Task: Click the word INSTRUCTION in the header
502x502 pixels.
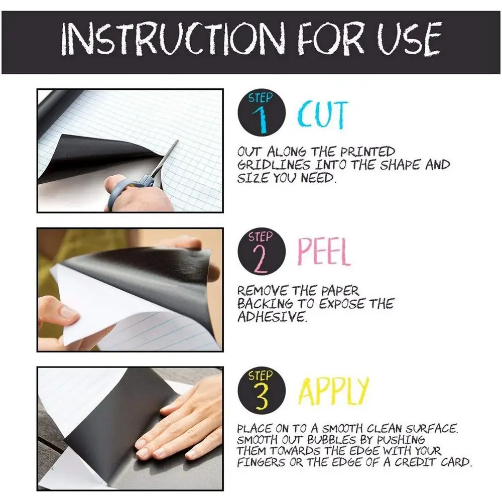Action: tap(173, 39)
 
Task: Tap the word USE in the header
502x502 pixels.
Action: tap(410, 39)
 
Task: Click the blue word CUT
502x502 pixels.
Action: tap(322, 114)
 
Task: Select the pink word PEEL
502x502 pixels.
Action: tap(324, 252)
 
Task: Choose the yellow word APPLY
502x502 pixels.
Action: tap(334, 391)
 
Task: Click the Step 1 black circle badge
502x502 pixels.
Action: tap(262, 112)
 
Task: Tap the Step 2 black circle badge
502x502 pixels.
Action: tap(262, 252)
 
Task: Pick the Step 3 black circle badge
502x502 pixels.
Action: tap(262, 391)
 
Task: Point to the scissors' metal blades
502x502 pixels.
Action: tap(165, 159)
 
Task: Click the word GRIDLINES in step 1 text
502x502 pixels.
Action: tap(274, 165)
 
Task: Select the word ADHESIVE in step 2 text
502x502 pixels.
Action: tap(272, 317)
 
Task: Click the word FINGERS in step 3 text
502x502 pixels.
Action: tap(261, 462)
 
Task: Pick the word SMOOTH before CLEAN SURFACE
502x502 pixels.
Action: tap(342, 428)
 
